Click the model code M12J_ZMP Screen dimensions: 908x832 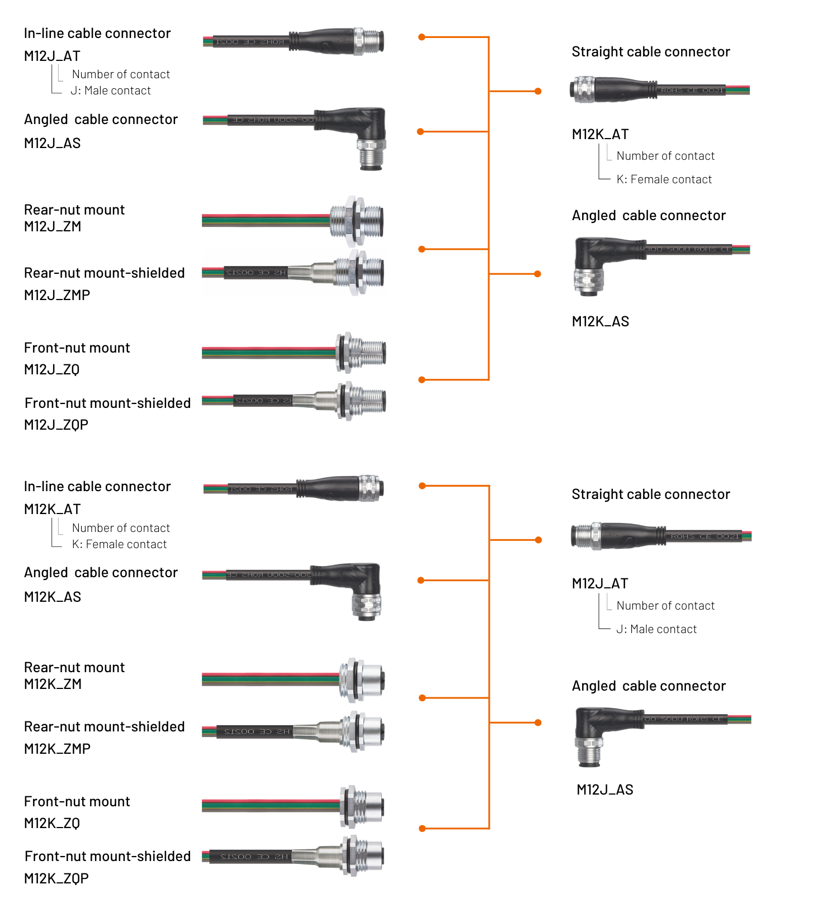[57, 295]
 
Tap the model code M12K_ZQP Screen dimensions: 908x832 [56, 878]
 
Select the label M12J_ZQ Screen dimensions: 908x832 [52, 369]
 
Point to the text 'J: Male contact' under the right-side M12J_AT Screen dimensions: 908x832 [656, 629]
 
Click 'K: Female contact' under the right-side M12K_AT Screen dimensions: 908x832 [664, 179]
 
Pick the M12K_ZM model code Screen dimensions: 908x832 [53, 684]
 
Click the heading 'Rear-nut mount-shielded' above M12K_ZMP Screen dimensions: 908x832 [105, 726]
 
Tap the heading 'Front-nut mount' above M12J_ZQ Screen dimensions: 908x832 [77, 348]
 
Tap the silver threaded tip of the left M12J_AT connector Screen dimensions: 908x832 [371, 41]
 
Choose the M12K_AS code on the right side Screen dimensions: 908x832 [601, 321]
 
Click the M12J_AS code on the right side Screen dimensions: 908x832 [605, 790]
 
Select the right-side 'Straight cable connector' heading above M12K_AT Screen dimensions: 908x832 [651, 52]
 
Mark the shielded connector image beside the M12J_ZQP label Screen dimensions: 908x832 [294, 401]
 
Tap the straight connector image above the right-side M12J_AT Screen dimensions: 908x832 [660, 536]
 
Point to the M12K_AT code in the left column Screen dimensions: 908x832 [53, 509]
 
